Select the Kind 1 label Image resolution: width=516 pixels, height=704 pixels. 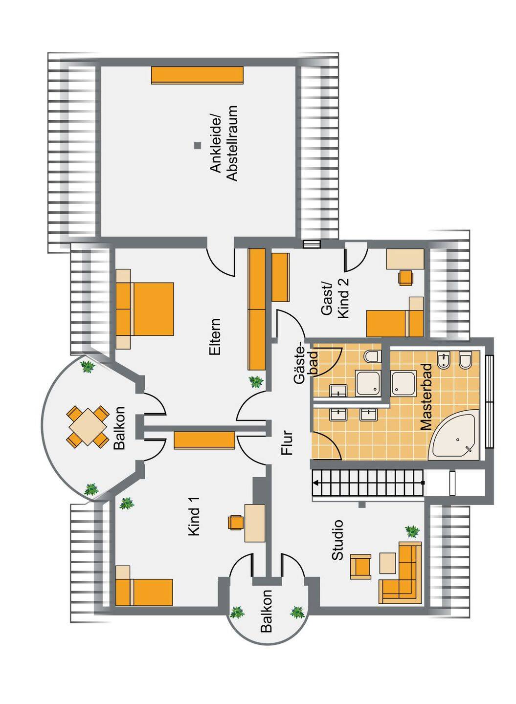pos(195,521)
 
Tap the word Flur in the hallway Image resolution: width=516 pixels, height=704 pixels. pos(288,442)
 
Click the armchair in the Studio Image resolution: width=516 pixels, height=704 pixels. pos(361,566)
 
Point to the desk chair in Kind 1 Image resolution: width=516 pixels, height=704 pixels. pos(236,522)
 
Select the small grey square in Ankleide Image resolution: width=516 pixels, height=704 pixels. pos(198,145)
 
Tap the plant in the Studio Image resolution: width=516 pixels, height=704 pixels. pos(412,531)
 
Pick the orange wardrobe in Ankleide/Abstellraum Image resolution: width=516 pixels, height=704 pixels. pos(197,75)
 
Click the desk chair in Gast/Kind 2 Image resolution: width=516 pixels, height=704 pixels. pos(405,277)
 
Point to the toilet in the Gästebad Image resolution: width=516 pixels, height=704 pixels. pos(372,356)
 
